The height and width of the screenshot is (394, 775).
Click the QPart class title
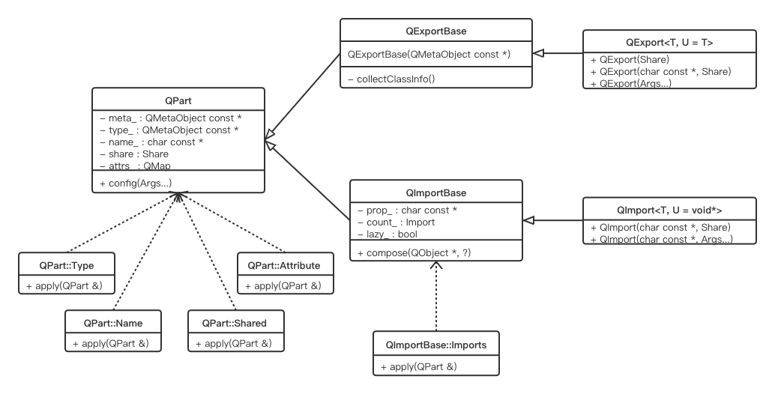click(x=178, y=100)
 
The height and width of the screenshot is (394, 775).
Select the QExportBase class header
click(x=435, y=31)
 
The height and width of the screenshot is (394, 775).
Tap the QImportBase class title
click(x=435, y=193)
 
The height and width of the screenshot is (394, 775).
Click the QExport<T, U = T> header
click(x=669, y=43)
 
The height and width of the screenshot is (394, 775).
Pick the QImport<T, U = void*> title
click(x=669, y=211)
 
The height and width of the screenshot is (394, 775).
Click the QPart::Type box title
click(x=66, y=265)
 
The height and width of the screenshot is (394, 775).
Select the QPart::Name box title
click(x=113, y=323)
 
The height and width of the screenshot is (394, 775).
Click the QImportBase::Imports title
click(x=435, y=345)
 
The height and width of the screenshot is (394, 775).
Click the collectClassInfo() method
click(x=391, y=79)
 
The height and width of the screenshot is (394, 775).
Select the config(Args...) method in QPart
click(x=135, y=184)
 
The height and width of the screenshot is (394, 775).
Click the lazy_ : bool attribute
click(x=387, y=234)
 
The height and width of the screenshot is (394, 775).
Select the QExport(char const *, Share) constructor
click(x=660, y=72)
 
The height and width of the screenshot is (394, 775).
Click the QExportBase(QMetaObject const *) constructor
click(x=429, y=54)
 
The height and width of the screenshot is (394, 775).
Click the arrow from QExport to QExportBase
click(x=558, y=54)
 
